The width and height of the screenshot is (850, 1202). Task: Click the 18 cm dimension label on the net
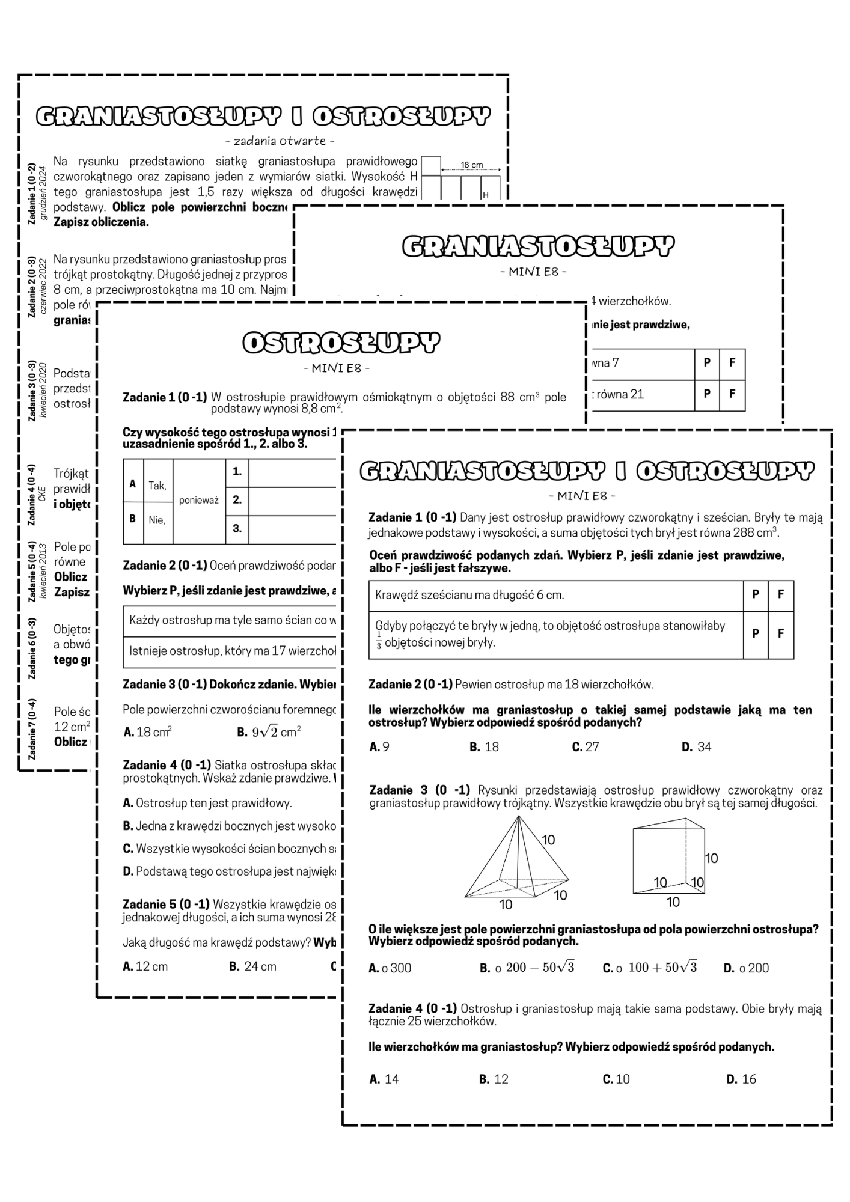click(x=472, y=165)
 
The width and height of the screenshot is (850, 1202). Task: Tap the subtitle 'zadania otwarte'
click(x=280, y=141)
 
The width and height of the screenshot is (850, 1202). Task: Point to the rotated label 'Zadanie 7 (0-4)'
click(x=32, y=729)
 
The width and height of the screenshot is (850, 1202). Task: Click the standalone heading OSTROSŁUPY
click(x=341, y=343)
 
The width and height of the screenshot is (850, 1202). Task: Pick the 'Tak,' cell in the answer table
click(x=157, y=486)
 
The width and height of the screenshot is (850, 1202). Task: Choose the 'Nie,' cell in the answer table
click(x=157, y=520)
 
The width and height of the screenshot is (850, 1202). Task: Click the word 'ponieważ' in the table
click(x=198, y=500)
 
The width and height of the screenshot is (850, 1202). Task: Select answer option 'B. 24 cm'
click(x=253, y=966)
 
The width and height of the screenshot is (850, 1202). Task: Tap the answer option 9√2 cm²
click(x=269, y=732)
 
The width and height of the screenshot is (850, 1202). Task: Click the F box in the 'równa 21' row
click(x=732, y=394)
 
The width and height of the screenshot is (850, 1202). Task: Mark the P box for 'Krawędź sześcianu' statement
click(x=756, y=594)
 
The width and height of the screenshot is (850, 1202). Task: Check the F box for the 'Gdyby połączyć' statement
click(x=781, y=633)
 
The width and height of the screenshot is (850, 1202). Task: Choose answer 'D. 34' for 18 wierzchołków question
click(x=697, y=747)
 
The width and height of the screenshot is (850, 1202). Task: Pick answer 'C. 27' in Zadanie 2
click(x=586, y=747)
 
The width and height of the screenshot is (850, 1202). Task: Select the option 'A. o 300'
click(x=390, y=968)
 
